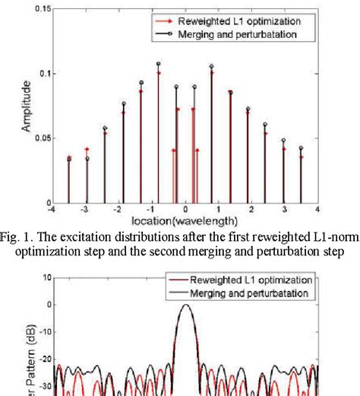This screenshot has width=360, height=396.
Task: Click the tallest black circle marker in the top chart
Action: [x=158, y=65]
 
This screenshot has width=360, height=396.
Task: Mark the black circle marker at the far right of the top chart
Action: [x=301, y=148]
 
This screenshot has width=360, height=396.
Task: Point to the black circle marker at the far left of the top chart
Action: [x=69, y=159]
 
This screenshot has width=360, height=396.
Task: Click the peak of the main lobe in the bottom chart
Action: [x=185, y=305]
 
